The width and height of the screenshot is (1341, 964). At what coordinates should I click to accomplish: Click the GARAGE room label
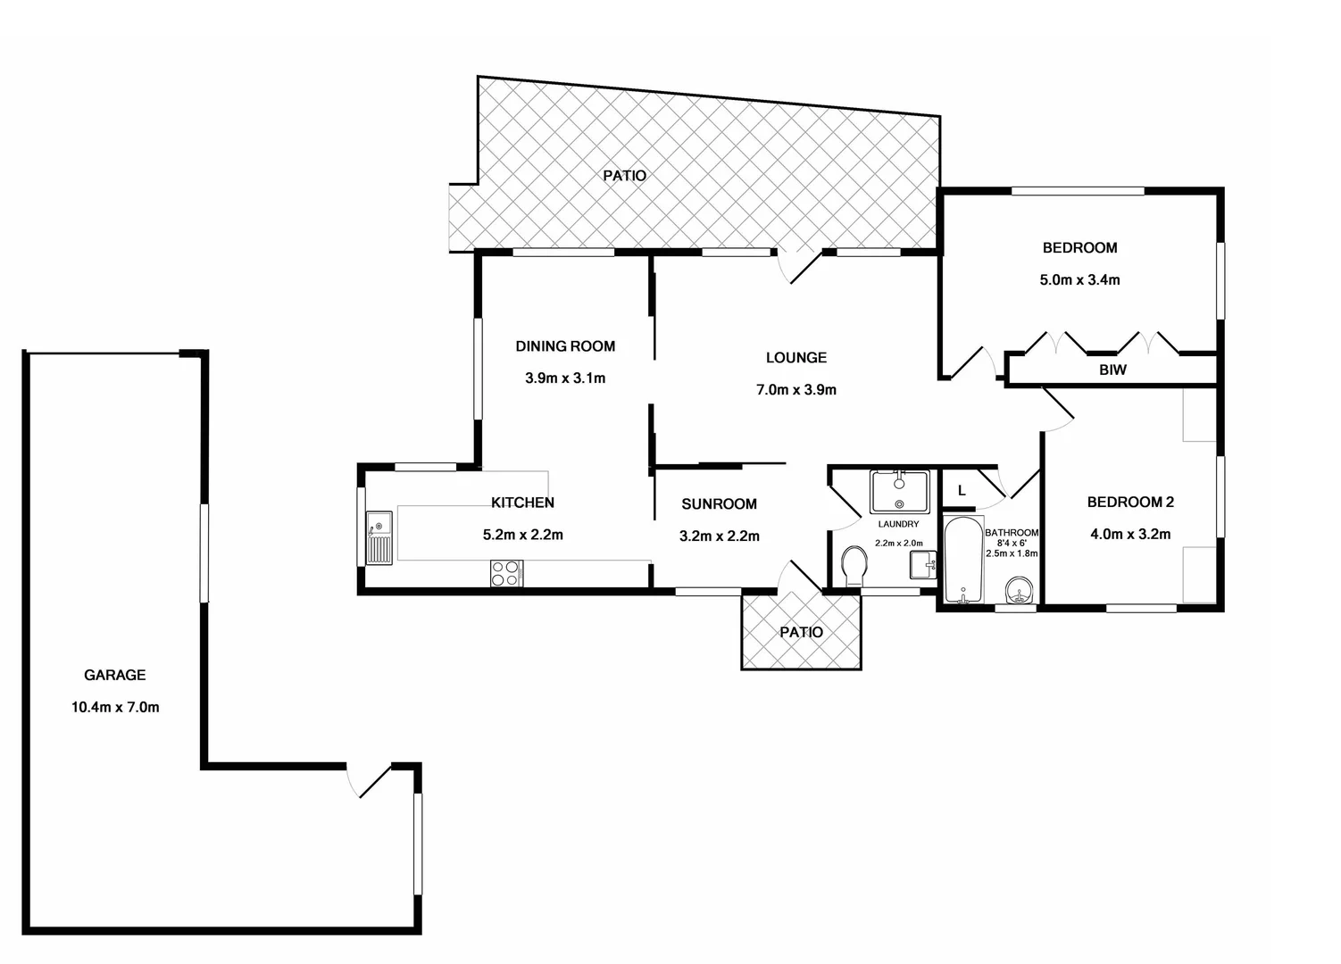114,676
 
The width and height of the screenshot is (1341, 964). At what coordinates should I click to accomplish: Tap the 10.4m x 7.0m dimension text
115,708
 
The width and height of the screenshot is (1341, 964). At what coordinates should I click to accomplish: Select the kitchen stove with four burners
506,573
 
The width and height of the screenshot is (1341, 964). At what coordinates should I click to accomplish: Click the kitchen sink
379,538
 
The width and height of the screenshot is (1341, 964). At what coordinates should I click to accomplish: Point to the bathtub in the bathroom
962,561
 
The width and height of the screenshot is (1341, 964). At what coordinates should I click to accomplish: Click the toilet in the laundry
854,566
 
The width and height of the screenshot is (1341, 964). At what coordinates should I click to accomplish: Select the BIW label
1112,370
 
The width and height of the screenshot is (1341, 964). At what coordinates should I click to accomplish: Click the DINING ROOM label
565,346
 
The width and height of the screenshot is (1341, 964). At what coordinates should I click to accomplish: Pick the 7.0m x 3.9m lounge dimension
795,390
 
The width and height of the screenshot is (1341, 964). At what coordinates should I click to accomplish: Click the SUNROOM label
719,504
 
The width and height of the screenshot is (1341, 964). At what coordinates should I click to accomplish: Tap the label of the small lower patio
801,633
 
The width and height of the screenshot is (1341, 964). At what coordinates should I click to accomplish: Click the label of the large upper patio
624,176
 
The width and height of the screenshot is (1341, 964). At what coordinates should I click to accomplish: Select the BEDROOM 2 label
1130,503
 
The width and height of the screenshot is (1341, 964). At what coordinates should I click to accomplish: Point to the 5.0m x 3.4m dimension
1079,279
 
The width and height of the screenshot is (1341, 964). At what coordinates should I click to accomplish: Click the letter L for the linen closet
962,491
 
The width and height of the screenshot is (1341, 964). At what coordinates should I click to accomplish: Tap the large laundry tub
899,491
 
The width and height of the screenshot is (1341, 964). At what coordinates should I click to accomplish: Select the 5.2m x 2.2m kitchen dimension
522,536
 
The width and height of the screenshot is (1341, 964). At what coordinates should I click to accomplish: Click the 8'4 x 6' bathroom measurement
1012,543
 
